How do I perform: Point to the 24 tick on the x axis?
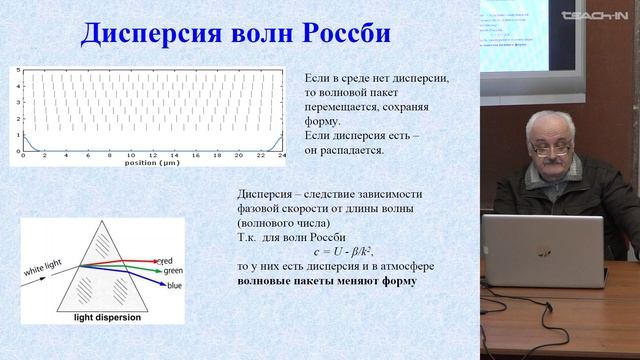coord(283,156)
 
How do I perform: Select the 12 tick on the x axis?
coord(150,156)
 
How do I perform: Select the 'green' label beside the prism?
coord(172,269)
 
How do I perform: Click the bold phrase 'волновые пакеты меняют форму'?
coord(327,281)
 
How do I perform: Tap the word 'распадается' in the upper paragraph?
coord(349,150)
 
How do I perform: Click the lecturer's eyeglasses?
coord(551,146)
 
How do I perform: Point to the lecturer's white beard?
coord(553,169)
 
